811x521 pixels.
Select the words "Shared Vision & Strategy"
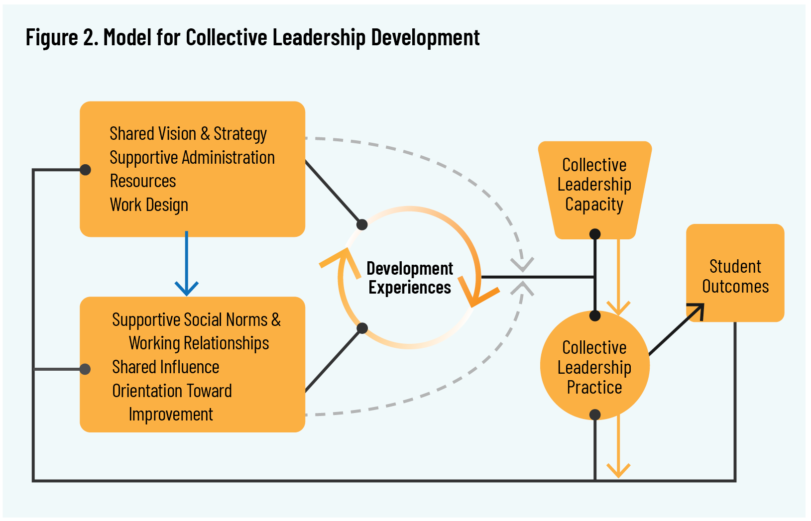188,134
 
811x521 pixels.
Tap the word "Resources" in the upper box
143,181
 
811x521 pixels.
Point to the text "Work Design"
149,205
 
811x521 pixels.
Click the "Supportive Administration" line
192,158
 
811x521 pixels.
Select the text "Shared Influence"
166,367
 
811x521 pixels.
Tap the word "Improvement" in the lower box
171,415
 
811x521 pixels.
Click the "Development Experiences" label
410,278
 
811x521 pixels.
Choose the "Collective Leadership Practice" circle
594,367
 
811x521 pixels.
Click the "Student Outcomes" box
735,276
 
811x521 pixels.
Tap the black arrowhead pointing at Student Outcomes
697,310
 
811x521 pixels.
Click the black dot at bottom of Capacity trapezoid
595,234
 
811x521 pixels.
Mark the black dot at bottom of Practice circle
595,415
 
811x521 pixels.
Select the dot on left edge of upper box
86,170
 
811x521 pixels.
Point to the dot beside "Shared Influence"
85,369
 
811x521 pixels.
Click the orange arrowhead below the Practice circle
618,470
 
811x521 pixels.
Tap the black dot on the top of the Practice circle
595,315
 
